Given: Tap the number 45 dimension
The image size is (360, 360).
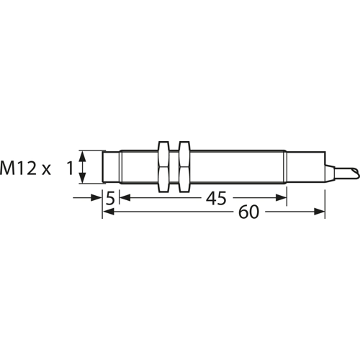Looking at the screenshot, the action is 216,198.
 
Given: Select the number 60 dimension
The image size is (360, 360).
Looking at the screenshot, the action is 249,212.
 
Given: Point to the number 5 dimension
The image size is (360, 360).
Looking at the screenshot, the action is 111,198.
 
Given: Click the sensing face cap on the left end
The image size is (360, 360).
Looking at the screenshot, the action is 111,167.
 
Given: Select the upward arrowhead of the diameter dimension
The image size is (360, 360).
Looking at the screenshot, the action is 82,156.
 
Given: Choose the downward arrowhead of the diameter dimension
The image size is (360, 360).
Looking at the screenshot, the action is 82,178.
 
